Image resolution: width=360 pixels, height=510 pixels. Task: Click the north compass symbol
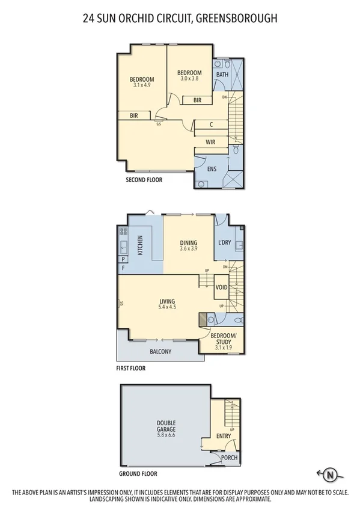coord(330,475)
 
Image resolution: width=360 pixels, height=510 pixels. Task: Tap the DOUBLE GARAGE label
coord(166,426)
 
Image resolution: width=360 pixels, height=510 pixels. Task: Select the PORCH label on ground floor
coord(229,458)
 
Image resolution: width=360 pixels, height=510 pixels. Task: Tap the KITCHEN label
coord(139,246)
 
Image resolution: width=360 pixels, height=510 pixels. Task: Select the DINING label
coord(189,243)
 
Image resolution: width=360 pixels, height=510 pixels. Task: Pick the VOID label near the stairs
coord(221,287)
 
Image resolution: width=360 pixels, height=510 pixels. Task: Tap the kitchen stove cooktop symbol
coord(123,232)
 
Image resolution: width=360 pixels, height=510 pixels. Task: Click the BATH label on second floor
coord(222,75)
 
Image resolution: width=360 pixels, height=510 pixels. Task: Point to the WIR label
coord(210,143)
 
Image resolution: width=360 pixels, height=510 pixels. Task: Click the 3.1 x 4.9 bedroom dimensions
coord(142,85)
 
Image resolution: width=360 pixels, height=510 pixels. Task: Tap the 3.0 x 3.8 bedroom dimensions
coord(189,78)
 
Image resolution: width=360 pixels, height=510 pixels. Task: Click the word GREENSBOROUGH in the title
coord(237,19)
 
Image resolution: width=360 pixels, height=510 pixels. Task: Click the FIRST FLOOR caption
coord(131,368)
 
